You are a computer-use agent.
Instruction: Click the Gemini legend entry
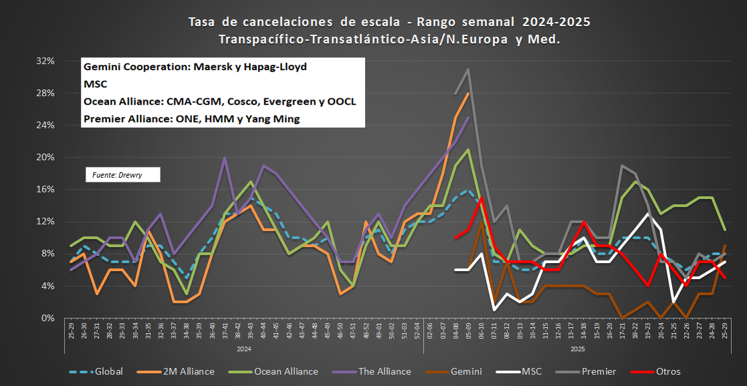[467, 371]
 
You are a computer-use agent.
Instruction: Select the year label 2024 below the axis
[243, 349]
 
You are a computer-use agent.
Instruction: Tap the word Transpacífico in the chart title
[259, 39]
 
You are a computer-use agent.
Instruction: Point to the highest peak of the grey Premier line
[467, 69]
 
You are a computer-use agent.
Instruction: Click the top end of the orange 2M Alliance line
[468, 93]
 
